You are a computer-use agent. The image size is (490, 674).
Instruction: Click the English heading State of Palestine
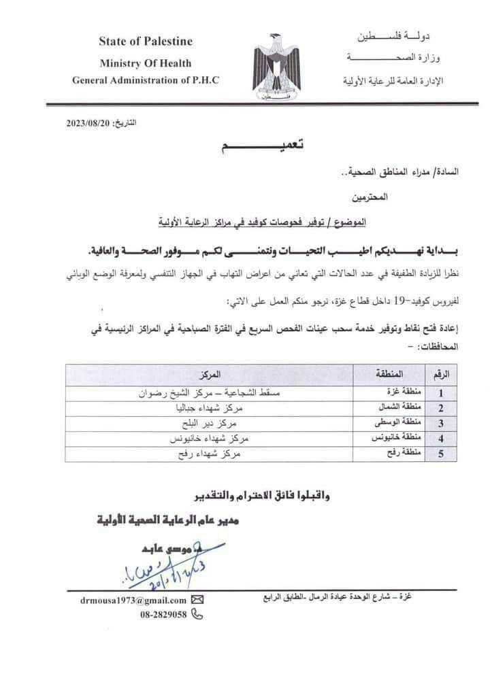point(146,41)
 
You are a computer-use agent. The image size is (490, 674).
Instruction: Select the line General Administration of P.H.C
point(146,80)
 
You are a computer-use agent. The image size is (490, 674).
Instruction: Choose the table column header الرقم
point(442,375)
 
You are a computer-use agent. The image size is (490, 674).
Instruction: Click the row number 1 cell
point(441,392)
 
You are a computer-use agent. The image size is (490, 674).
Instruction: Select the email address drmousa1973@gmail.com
point(133,600)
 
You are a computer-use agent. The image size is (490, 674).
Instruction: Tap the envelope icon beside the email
point(198,600)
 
